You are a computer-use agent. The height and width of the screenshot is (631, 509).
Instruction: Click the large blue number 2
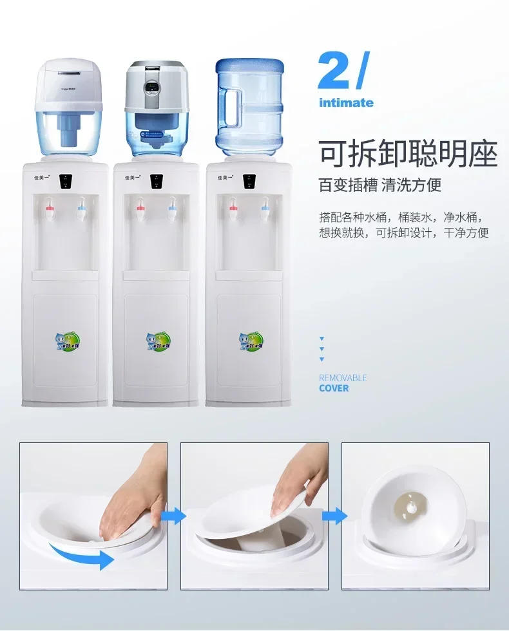(335, 72)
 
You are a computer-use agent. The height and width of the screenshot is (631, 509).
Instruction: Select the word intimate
(346, 102)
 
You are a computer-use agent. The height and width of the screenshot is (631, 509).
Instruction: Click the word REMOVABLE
(343, 378)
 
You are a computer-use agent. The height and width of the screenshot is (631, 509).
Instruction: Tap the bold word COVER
(334, 388)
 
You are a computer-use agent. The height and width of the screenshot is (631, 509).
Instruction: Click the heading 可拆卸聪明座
(408, 155)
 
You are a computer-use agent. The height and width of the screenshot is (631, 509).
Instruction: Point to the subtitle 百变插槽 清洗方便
(380, 186)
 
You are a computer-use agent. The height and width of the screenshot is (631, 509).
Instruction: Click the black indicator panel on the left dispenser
(64, 181)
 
